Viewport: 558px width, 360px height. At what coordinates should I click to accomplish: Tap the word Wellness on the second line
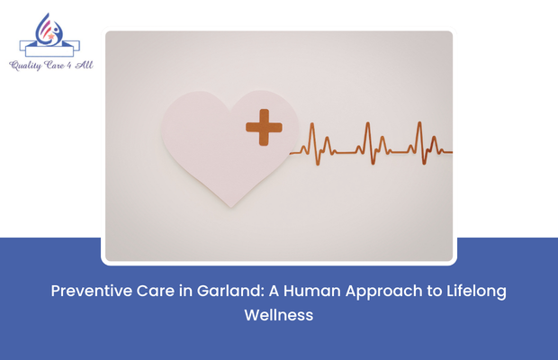279,316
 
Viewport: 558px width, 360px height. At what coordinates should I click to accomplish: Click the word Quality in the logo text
26,65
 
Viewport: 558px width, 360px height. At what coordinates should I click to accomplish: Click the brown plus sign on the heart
264,127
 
